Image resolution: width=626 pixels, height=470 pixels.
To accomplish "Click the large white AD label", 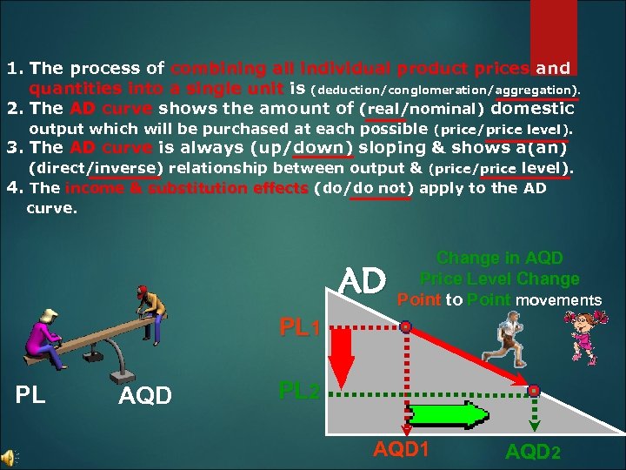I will (x=363, y=282).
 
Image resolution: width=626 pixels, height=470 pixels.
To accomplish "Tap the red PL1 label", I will (x=301, y=330).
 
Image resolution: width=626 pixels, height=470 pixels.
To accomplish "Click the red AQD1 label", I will (x=402, y=450).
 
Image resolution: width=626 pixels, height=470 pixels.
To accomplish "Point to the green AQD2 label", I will (x=533, y=453).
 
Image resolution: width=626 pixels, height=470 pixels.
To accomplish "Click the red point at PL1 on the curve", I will (x=406, y=328).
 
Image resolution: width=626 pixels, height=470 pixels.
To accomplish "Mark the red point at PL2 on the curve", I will (x=534, y=391).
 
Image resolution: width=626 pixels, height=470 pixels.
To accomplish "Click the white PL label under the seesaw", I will (x=30, y=396).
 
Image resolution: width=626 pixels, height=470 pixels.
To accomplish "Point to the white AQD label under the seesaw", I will (x=143, y=397).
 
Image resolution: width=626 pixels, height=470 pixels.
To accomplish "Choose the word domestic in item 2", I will (x=532, y=109).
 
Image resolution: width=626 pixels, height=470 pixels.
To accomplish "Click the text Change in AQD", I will (x=499, y=258).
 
